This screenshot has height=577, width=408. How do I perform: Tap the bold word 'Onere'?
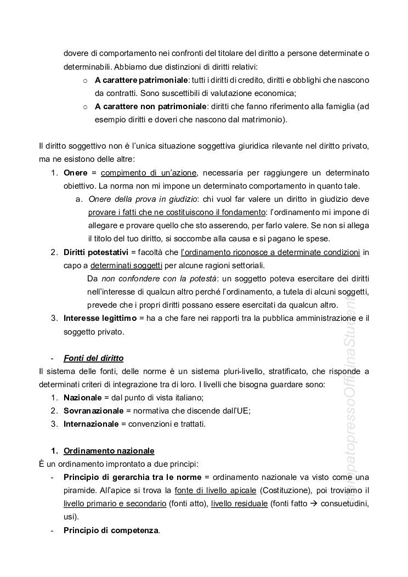coord(76,173)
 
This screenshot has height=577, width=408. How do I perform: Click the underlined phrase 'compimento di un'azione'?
coord(149,173)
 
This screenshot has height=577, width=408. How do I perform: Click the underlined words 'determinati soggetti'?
coord(126,265)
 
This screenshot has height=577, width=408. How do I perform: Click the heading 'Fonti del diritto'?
coord(93,358)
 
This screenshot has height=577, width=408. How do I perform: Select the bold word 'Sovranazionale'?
coord(93,411)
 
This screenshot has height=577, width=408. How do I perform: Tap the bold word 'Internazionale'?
coord(91,424)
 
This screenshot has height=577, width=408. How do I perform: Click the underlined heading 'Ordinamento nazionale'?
coord(109,450)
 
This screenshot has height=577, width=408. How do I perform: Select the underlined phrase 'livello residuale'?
coord(240,504)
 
